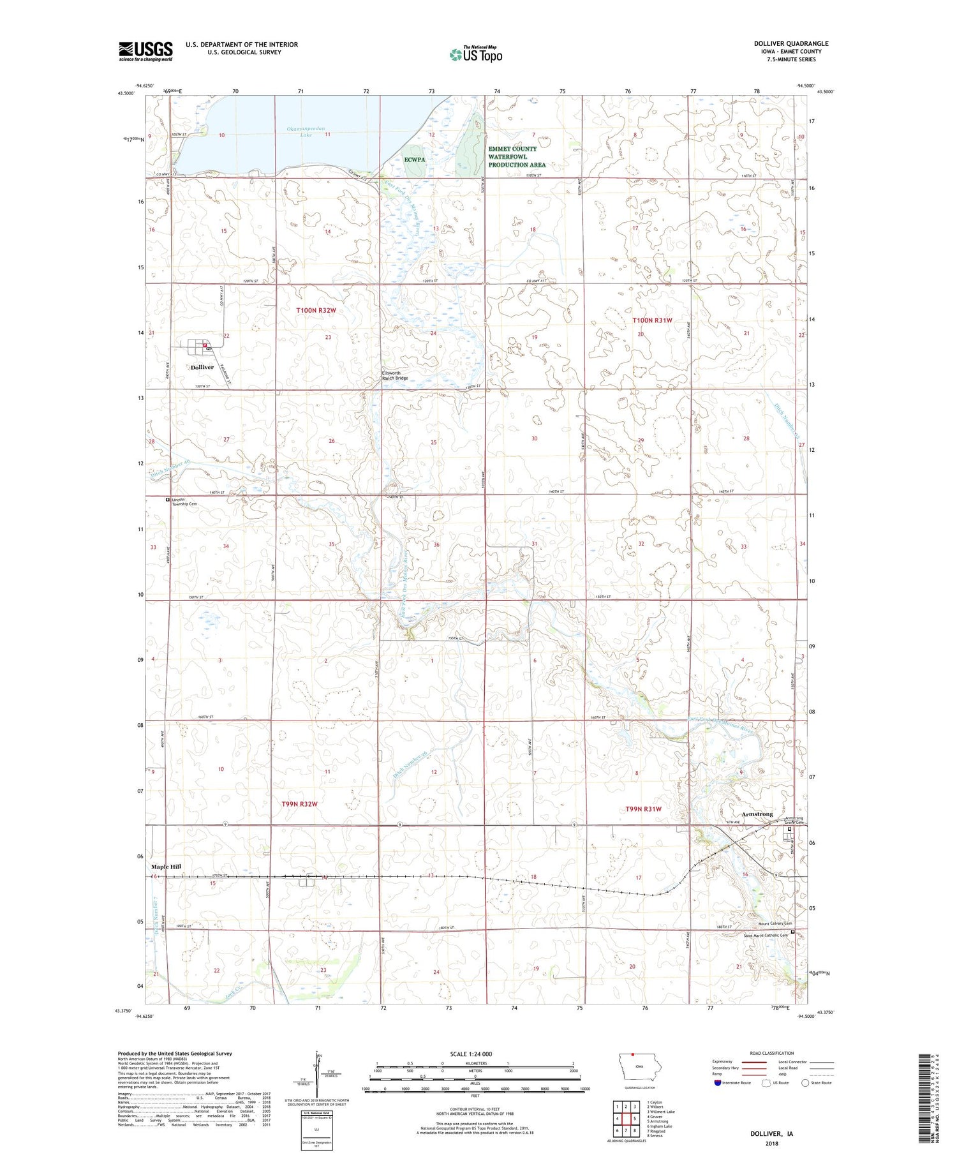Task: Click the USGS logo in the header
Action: [x=145, y=51]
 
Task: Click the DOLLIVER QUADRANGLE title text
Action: [x=790, y=43]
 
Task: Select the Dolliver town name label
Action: [x=202, y=368]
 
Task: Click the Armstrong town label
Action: [x=757, y=814]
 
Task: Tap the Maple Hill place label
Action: [x=166, y=867]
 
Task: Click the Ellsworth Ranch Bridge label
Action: [x=394, y=376]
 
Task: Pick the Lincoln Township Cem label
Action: [x=184, y=502]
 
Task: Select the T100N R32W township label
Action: [x=315, y=310]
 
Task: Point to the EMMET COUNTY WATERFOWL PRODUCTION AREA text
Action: [x=517, y=156]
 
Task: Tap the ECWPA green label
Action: [x=415, y=160]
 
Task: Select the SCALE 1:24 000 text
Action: [x=471, y=1054]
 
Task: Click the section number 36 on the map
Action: [x=436, y=544]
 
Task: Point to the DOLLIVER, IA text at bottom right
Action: [x=771, y=1134]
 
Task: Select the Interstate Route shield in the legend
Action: [x=718, y=1082]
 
